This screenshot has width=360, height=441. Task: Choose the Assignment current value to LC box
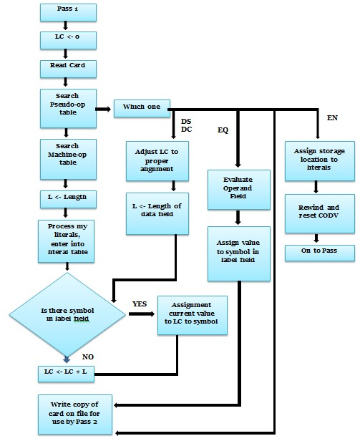[192, 316]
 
